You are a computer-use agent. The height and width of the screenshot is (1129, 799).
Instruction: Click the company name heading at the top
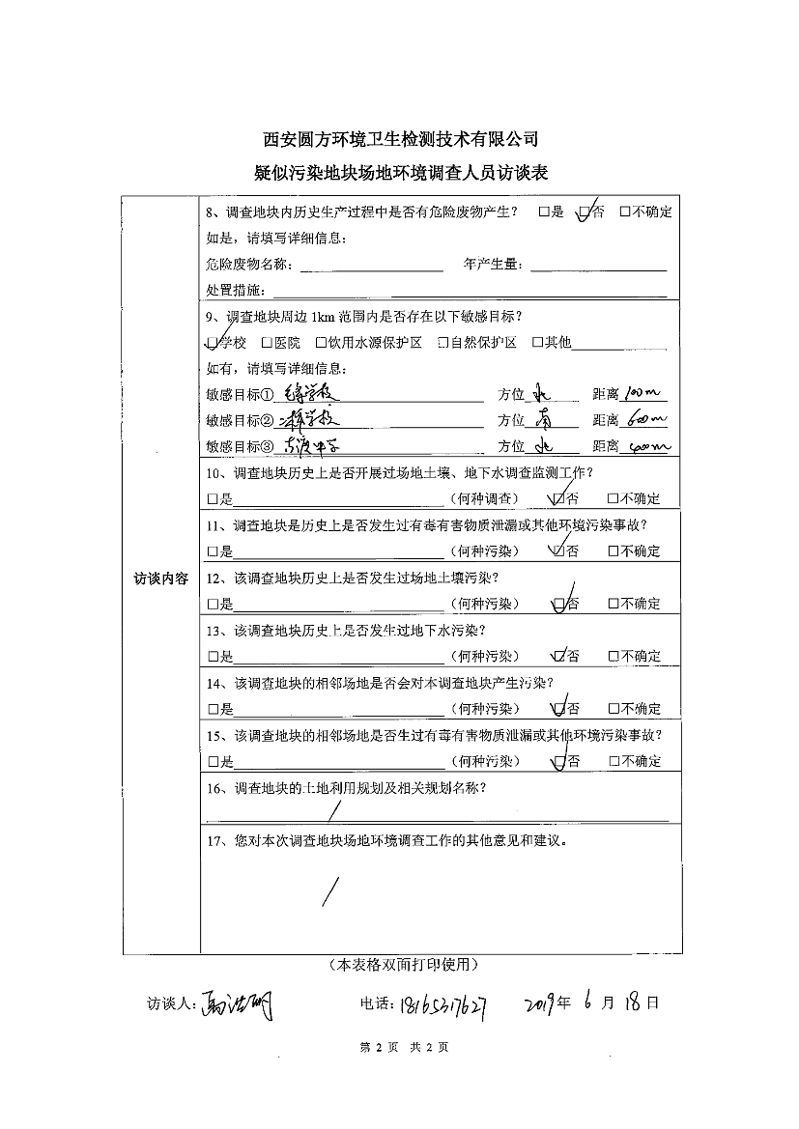400,139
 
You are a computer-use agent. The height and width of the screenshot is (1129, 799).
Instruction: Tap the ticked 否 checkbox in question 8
584,212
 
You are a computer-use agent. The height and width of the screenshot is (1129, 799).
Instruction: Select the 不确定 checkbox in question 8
625,212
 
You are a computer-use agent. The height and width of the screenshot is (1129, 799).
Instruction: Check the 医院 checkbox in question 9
267,343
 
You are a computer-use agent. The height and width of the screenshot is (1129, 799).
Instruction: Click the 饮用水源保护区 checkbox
321,343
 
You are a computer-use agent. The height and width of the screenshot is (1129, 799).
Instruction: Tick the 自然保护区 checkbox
443,343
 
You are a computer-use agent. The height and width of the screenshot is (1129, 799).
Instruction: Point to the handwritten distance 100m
641,394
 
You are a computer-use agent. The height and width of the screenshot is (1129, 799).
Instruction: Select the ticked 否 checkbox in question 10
556,499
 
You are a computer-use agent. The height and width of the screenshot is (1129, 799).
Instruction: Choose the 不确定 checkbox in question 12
613,604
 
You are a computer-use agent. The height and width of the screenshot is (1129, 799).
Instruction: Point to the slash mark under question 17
330,890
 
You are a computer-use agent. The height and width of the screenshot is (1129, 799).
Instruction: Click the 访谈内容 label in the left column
160,578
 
